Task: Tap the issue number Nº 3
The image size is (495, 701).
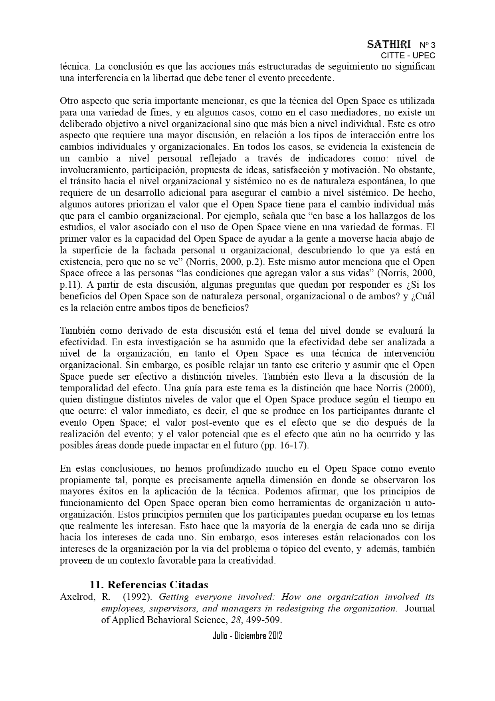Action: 427,45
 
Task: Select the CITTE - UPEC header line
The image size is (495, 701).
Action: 408,56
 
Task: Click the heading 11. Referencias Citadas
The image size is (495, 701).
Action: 148,585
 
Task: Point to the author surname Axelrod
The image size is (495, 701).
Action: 77,597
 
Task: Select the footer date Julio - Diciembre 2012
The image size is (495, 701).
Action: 247,636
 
